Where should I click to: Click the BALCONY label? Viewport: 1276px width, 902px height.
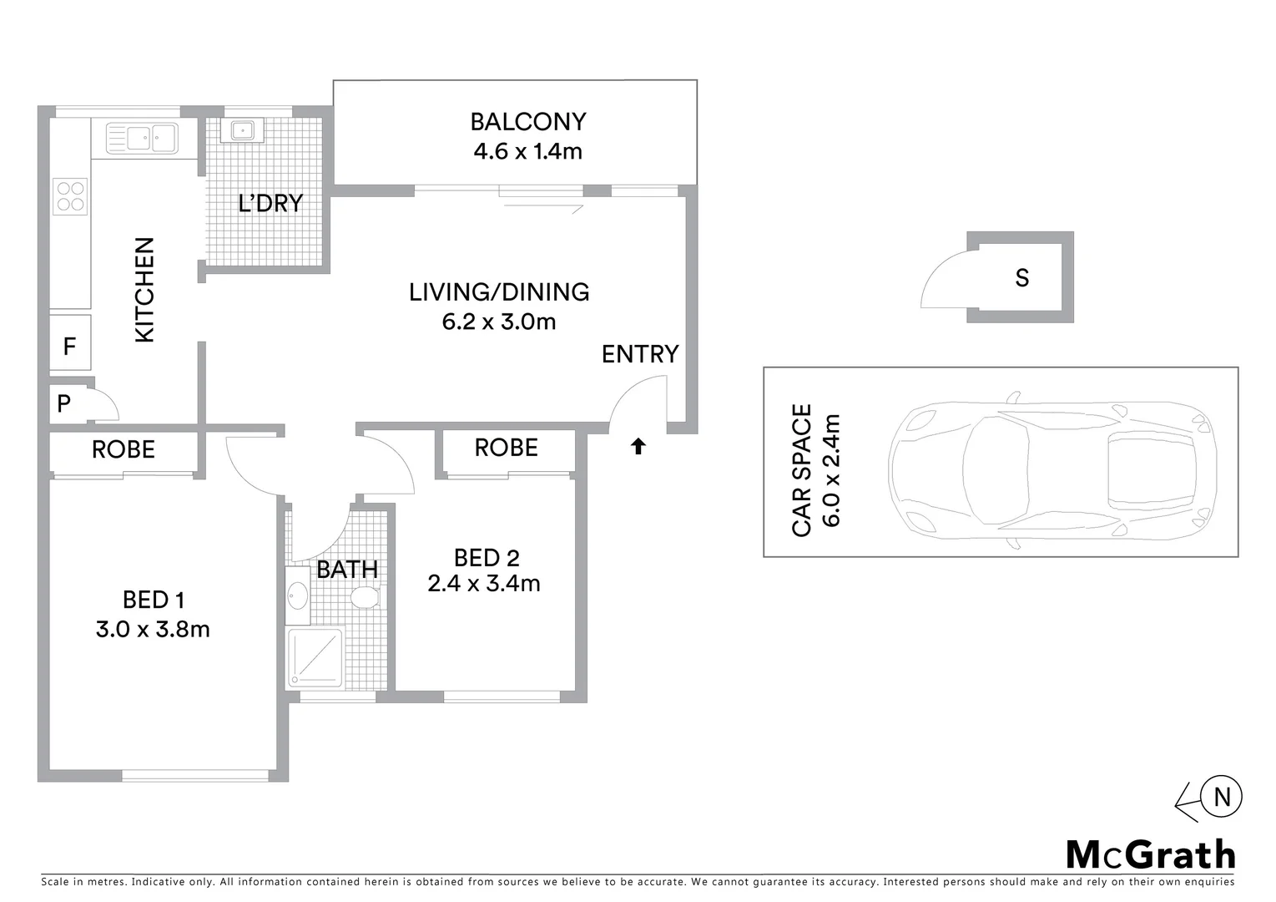point(527,122)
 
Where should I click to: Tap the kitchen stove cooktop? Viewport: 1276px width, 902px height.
point(70,196)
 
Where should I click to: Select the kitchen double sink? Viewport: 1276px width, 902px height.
point(141,137)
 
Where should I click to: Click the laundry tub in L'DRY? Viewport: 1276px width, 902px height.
point(243,129)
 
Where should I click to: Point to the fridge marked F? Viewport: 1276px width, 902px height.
point(70,345)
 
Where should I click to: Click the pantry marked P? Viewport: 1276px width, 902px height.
point(64,404)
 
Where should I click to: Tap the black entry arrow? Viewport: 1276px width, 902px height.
point(638,447)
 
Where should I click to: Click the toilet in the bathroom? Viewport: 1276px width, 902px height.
point(365,597)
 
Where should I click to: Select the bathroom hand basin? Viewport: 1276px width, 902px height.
point(297,596)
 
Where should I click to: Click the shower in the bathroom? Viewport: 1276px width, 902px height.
point(315,657)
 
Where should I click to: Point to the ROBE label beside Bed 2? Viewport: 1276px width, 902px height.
point(506,448)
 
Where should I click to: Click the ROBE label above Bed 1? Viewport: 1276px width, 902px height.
point(124,449)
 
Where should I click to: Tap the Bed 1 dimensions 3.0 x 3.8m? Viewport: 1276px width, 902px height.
point(153,629)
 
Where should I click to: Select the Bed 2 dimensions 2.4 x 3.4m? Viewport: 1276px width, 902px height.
point(484,583)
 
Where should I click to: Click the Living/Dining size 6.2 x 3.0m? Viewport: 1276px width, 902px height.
point(499,322)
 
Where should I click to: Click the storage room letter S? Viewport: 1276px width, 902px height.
point(1021,278)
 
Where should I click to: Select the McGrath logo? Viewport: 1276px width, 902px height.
point(1151,854)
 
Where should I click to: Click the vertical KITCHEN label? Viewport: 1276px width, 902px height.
point(145,290)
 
